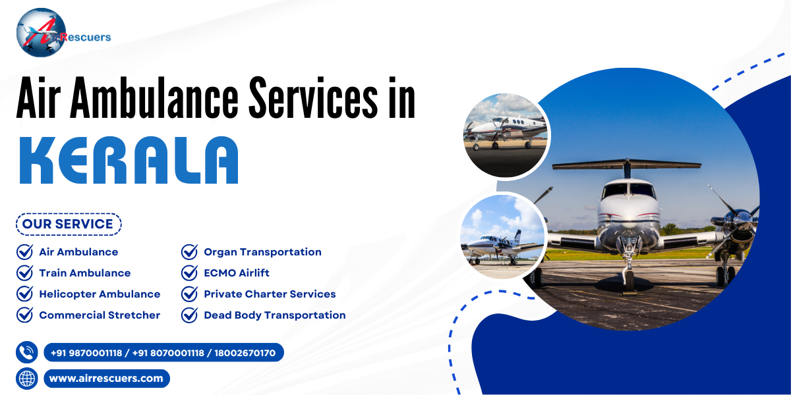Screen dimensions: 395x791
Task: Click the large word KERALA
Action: [x=128, y=160]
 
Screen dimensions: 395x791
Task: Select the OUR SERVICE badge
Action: [x=68, y=224]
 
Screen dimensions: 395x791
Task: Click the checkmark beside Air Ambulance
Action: [x=24, y=252]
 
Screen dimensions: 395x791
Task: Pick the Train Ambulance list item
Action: [x=84, y=273]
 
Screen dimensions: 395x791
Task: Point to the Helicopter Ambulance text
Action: [x=100, y=294]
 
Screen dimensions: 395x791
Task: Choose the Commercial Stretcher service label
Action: [x=100, y=315]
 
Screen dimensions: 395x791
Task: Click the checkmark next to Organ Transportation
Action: [x=189, y=252]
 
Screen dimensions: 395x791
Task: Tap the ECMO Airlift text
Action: [x=236, y=273]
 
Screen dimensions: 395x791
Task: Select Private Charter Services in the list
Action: [x=270, y=294]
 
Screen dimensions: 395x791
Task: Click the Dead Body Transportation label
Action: [x=274, y=315]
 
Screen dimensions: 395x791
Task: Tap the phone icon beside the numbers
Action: [x=27, y=353]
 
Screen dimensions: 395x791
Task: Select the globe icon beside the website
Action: [x=27, y=379]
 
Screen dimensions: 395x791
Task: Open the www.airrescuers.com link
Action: [x=106, y=379]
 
